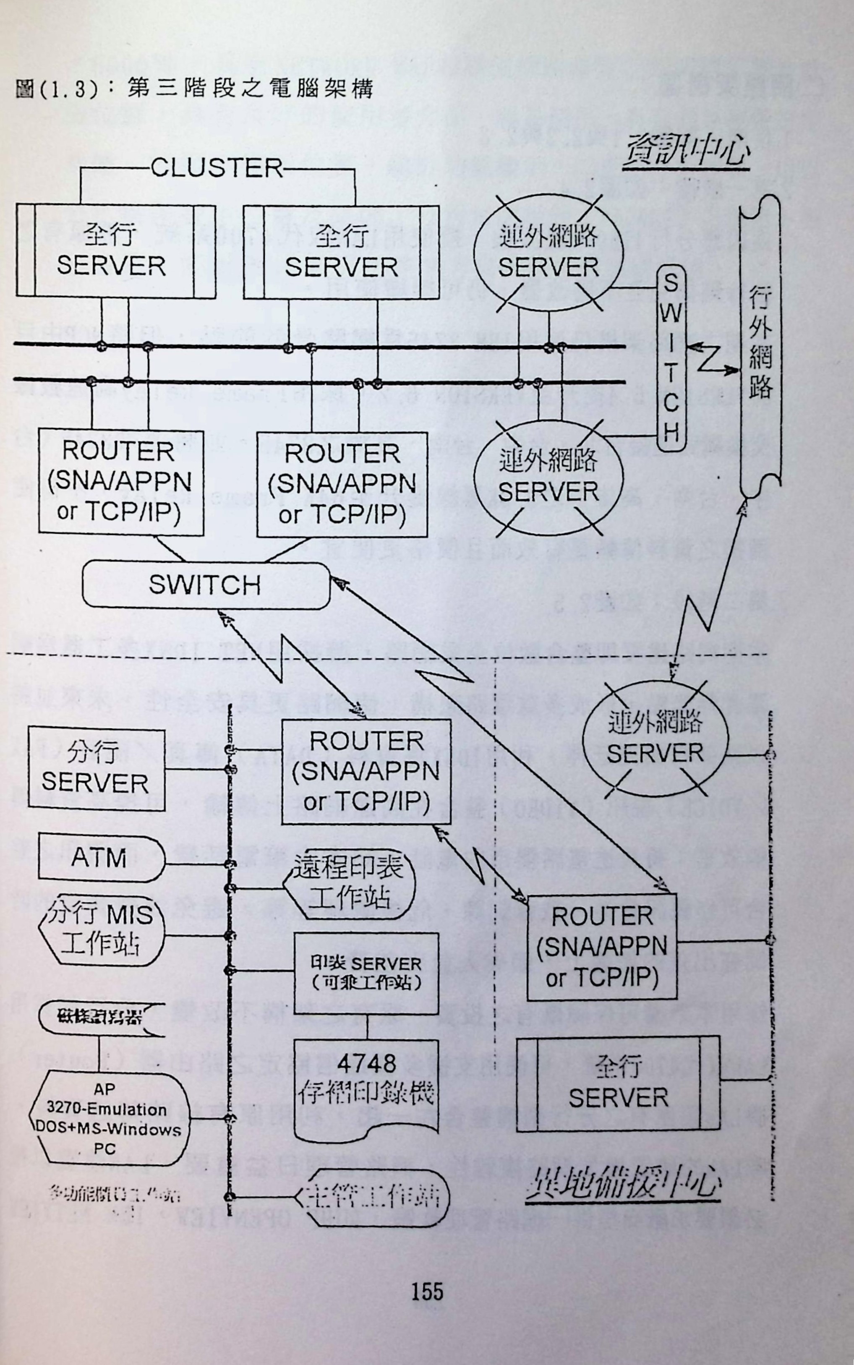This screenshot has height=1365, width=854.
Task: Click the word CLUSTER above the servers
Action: (216, 168)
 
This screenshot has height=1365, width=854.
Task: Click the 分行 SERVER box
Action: (97, 769)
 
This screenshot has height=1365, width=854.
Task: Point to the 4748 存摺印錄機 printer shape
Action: (366, 1087)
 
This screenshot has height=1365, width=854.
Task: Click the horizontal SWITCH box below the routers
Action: (206, 585)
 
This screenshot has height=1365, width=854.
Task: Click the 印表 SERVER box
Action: (366, 973)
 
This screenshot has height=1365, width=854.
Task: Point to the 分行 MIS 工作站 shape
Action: (101, 929)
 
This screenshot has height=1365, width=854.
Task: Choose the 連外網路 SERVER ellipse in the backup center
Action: (655, 739)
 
